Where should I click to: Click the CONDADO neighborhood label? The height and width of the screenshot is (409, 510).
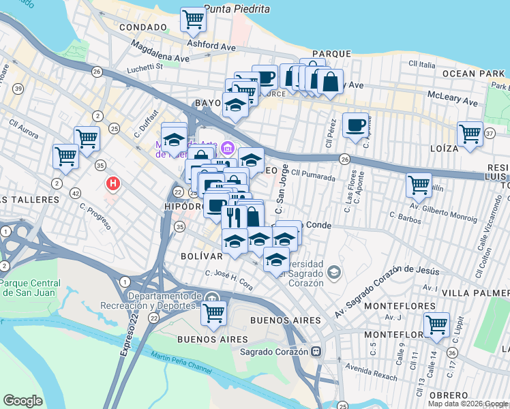(142, 27)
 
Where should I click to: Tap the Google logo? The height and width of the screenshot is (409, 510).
(22, 401)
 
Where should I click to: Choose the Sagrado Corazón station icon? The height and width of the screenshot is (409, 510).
(316, 352)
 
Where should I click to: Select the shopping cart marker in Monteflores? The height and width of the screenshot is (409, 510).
(436, 325)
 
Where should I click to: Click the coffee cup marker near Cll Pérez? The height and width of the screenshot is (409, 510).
(355, 125)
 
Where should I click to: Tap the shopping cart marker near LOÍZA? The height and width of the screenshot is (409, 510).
(470, 134)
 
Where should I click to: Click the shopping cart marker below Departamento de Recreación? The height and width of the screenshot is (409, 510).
(214, 313)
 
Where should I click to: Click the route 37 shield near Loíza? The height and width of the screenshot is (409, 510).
(489, 134)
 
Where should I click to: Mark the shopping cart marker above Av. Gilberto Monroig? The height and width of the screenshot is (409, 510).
(418, 184)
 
